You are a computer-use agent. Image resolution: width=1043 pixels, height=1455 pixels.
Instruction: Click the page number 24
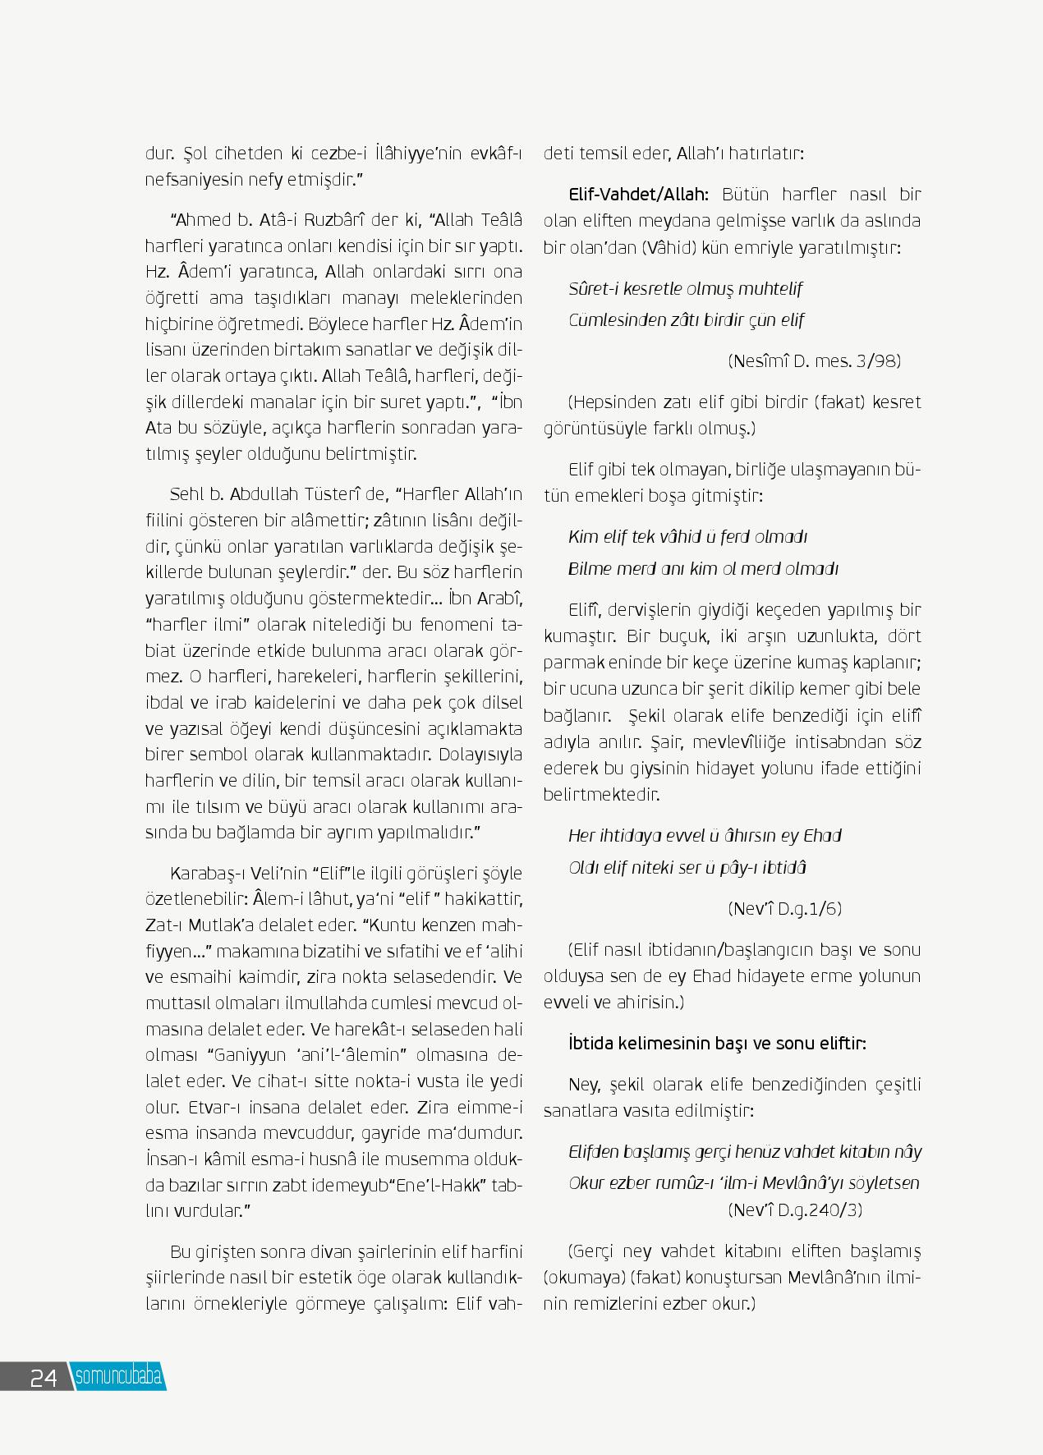43,1377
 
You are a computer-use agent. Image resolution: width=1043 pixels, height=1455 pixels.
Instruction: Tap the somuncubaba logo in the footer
118,1376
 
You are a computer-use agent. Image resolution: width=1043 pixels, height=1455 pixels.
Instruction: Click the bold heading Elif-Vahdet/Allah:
638,195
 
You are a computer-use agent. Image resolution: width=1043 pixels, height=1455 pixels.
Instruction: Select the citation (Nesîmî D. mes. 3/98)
814,360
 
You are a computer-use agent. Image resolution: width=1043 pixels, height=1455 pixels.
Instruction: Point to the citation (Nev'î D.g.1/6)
784,908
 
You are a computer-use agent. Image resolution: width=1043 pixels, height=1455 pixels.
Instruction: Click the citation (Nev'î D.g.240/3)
795,1209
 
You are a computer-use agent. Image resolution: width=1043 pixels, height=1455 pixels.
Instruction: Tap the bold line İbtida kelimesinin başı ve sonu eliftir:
717,1043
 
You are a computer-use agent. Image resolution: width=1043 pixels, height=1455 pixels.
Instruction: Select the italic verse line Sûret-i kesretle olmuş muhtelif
685,288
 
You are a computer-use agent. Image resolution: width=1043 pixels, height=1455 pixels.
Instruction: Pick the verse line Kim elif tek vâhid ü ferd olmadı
687,536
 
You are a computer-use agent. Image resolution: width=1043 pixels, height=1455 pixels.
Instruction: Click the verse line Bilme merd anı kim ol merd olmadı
703,568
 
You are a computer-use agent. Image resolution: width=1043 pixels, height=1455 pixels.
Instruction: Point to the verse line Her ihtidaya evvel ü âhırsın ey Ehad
705,835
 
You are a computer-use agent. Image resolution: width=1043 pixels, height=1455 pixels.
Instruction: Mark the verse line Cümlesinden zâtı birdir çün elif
686,320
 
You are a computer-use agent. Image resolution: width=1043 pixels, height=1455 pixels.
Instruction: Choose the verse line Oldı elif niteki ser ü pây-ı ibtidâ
687,867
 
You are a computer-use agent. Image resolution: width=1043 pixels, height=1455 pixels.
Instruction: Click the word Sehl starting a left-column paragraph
186,493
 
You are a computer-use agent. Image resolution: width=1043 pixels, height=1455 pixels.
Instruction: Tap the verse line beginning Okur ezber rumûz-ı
743,1183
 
